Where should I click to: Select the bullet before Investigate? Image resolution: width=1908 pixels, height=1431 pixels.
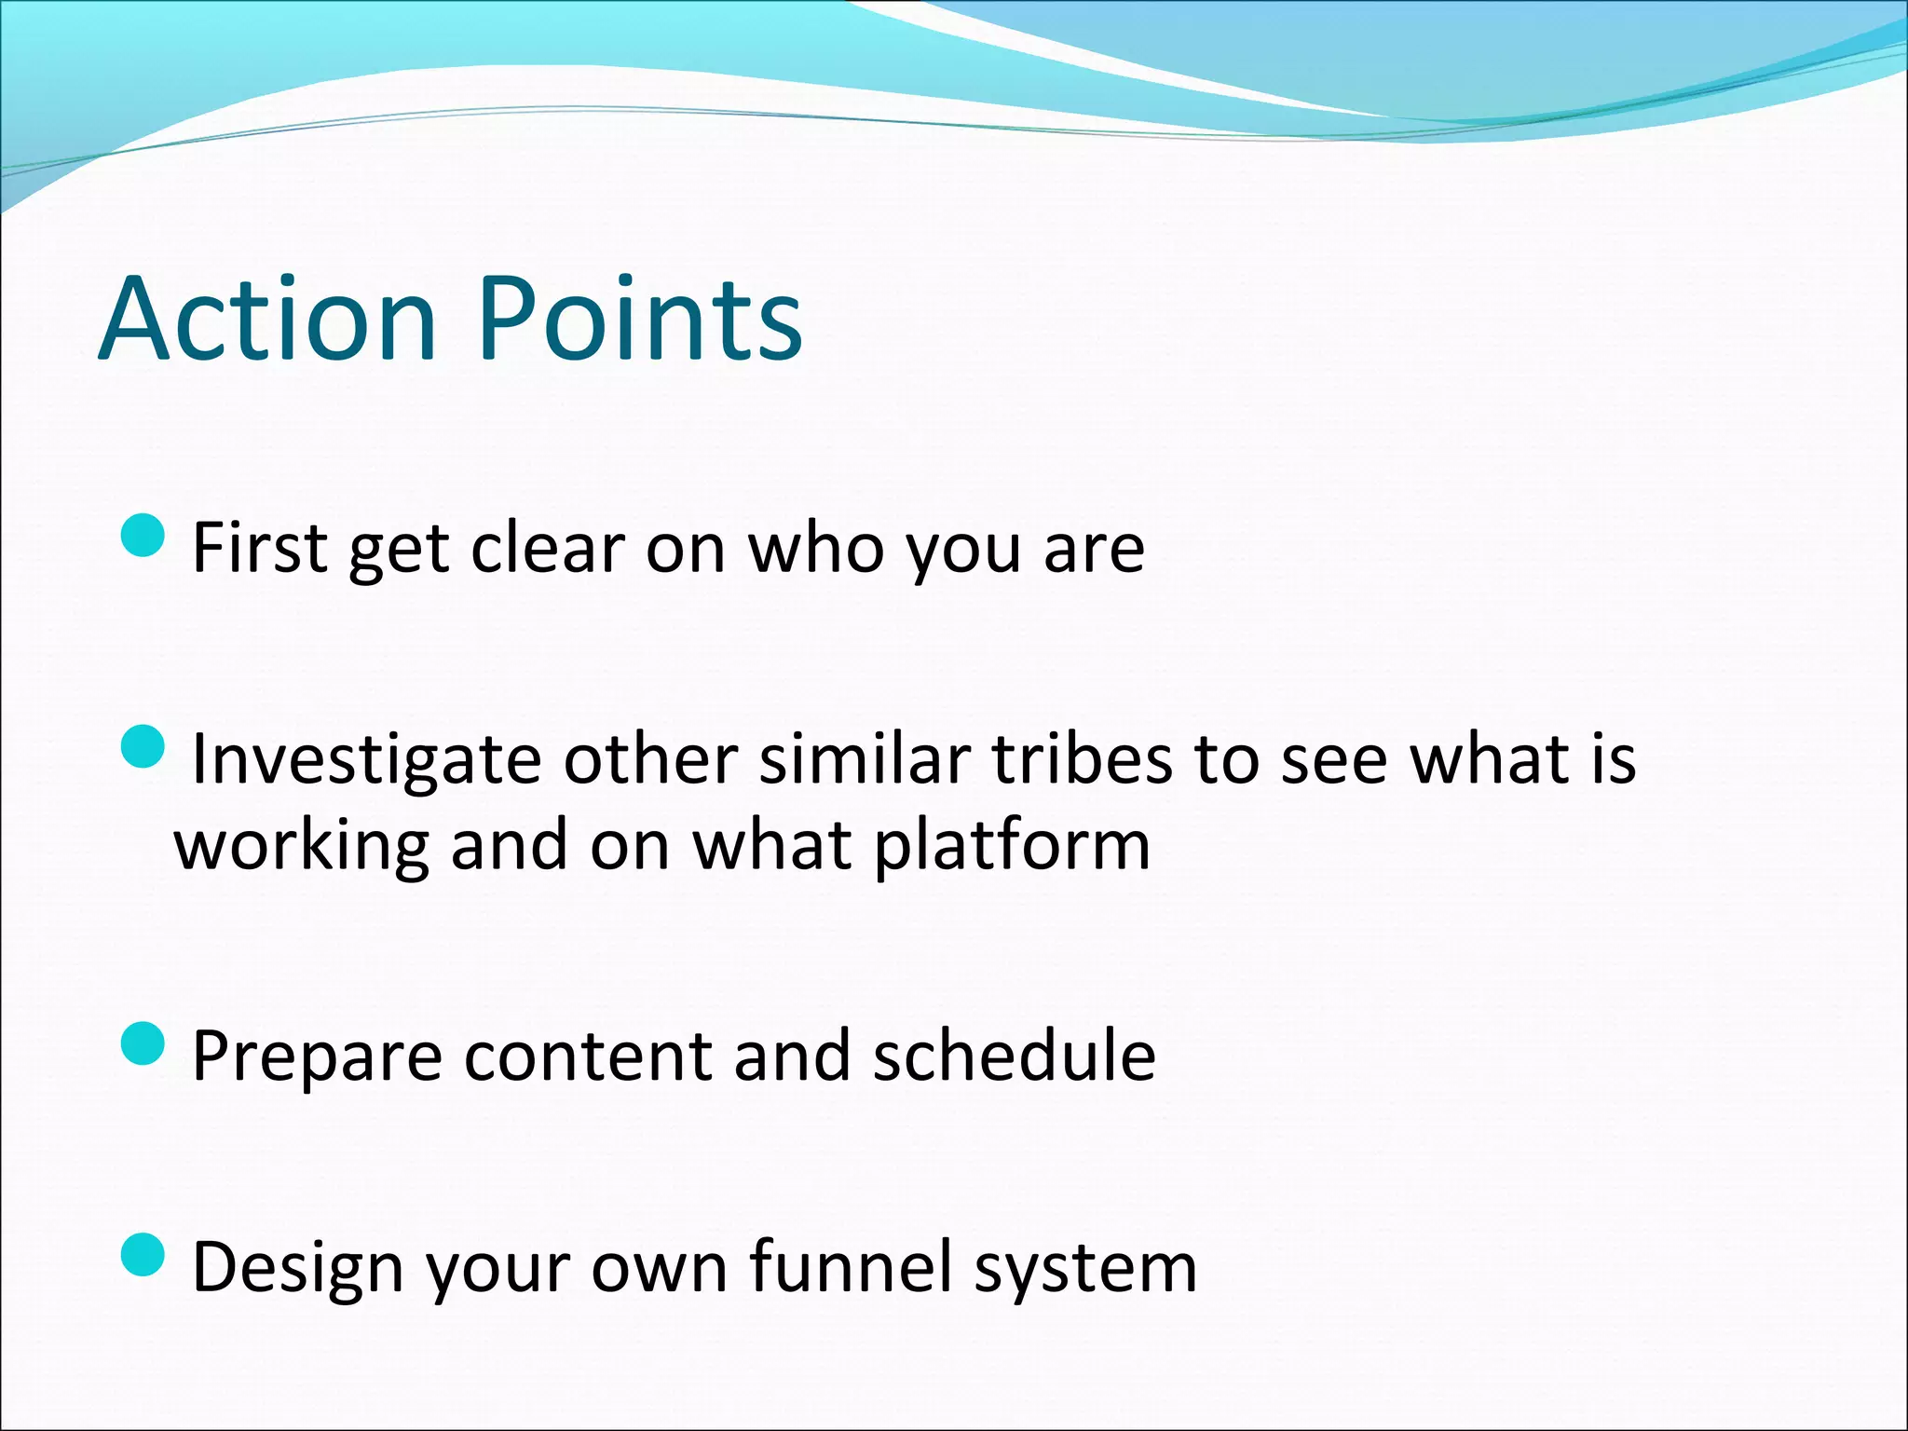pyautogui.click(x=143, y=747)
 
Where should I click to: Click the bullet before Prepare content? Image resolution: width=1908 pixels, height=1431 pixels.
pyautogui.click(x=143, y=1043)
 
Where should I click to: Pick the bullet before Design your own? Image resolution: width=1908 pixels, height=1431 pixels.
pyautogui.click(x=143, y=1255)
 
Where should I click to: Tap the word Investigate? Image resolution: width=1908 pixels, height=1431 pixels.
pyautogui.click(x=366, y=759)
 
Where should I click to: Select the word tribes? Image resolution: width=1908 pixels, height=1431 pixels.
pyautogui.click(x=1081, y=759)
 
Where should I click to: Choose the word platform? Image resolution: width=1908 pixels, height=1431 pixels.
pyautogui.click(x=1012, y=846)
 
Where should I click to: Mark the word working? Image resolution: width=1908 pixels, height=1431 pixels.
pyautogui.click(x=302, y=846)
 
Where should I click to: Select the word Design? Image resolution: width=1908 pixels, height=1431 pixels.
pyautogui.click(x=298, y=1269)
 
